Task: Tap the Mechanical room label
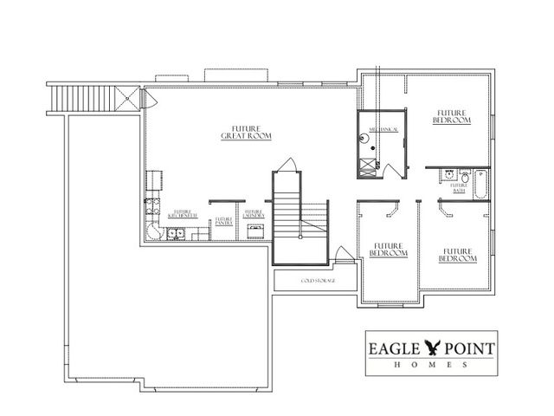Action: click(383, 128)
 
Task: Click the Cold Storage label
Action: click(318, 281)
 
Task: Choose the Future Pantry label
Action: click(224, 221)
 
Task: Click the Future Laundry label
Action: click(254, 214)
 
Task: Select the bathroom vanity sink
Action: click(451, 173)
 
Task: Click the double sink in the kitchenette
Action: click(176, 231)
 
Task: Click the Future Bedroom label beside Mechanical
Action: click(453, 116)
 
